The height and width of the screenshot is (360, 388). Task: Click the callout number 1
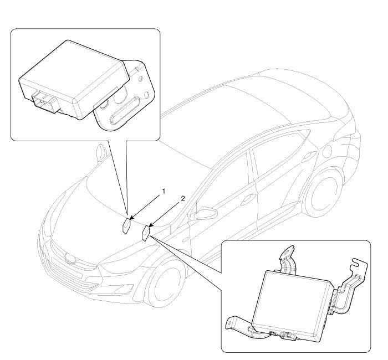tap(164, 191)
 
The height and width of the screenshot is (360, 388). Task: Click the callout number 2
tap(182, 198)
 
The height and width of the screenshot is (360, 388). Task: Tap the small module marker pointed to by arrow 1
tap(127, 225)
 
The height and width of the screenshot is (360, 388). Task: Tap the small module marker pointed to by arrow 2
tap(146, 233)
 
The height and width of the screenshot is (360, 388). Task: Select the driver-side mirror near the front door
tap(205, 212)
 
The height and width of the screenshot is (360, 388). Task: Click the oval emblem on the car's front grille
tap(69, 258)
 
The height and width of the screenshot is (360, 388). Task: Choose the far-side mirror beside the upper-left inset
tap(101, 154)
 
